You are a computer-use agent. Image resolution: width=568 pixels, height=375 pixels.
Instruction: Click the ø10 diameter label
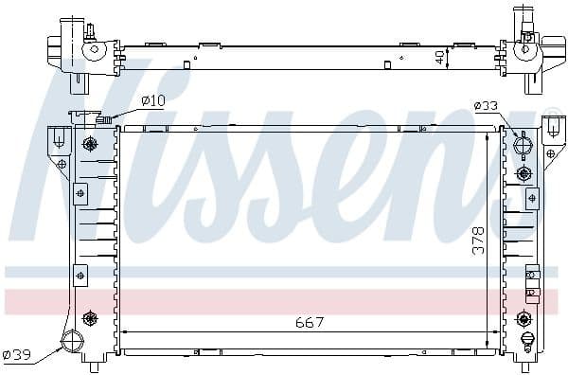tap(151, 101)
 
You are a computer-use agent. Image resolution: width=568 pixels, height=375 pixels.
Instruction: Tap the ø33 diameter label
tap(485, 106)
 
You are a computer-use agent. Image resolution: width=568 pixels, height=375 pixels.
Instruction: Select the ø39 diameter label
tap(18, 355)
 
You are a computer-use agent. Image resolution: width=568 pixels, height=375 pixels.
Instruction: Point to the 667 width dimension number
tap(308, 322)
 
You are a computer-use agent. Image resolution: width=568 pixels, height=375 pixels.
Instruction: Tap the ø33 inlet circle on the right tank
tap(523, 147)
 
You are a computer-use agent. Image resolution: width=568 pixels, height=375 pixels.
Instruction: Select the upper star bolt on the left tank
tap(90, 145)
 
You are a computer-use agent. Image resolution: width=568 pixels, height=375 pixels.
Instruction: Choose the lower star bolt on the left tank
tap(90, 317)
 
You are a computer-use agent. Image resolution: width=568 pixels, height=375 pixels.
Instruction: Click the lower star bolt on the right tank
tap(525, 318)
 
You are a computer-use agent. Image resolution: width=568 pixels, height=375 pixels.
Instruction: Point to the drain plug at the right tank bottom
tap(526, 340)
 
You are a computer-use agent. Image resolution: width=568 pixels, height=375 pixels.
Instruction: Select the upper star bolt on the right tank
tap(524, 173)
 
